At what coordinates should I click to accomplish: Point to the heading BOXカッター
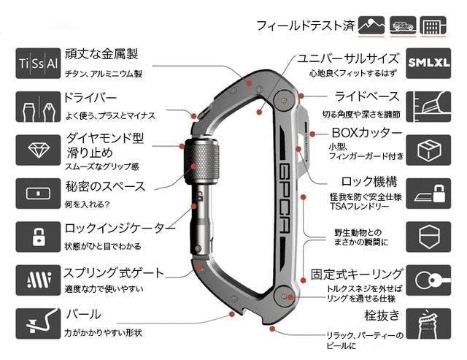point(366,133)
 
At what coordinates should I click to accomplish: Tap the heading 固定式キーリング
point(356,275)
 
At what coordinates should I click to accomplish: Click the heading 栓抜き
point(380,315)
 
